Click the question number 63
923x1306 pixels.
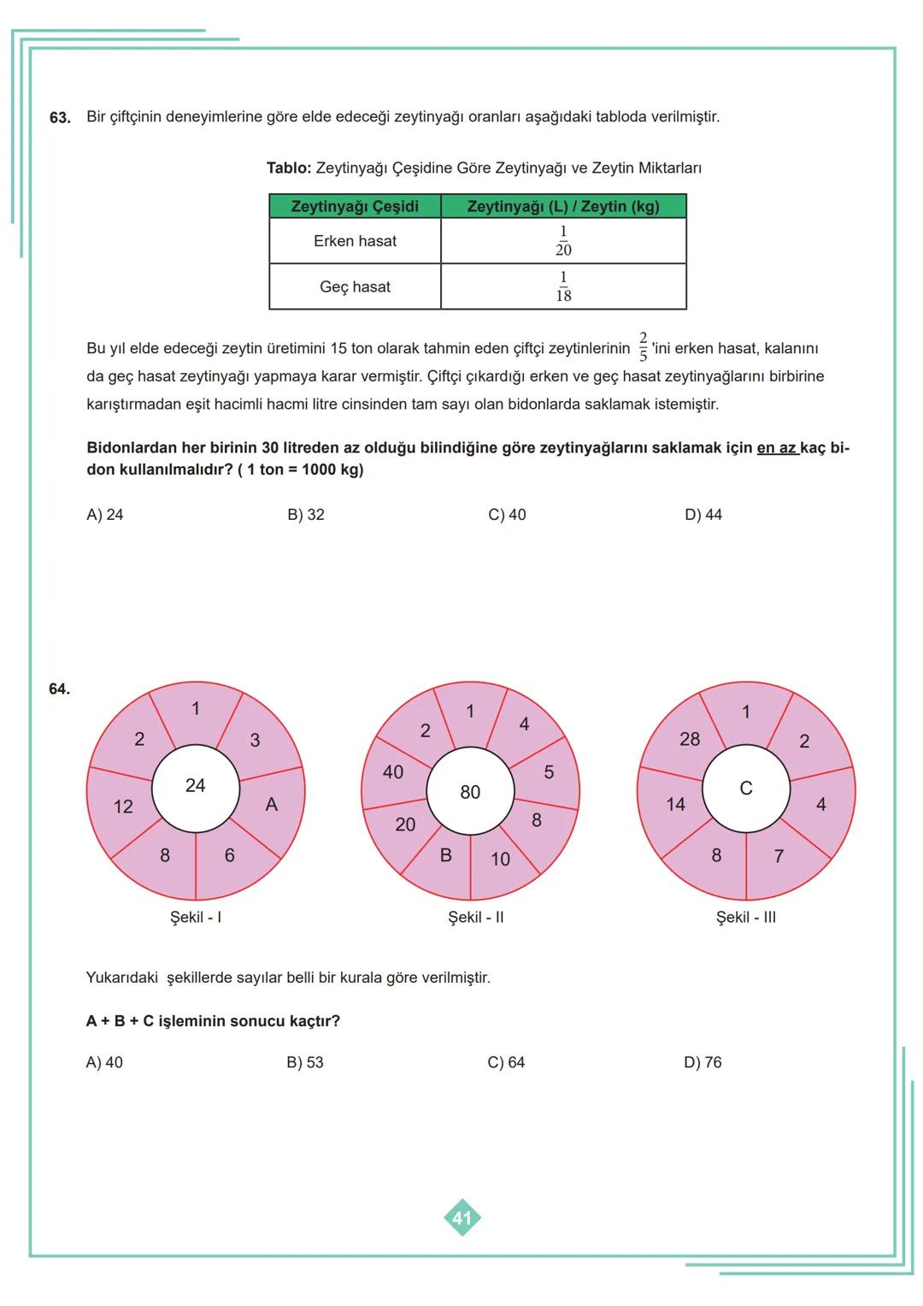click(60, 117)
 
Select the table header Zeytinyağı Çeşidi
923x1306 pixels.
click(355, 207)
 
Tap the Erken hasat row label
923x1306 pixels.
click(355, 241)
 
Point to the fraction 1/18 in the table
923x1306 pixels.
click(563, 287)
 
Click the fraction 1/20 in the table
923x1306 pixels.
click(563, 241)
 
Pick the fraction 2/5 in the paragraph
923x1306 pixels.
click(643, 347)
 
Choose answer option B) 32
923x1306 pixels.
click(306, 515)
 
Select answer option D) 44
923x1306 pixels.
click(703, 515)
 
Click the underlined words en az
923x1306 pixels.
click(776, 448)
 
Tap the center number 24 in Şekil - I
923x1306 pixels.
click(195, 785)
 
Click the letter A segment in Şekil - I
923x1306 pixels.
click(272, 805)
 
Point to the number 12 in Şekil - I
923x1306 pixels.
click(123, 807)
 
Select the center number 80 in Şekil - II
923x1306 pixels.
click(470, 792)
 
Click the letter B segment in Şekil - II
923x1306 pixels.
click(445, 855)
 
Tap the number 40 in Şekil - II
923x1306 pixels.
click(393, 772)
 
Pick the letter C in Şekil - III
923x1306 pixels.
click(745, 789)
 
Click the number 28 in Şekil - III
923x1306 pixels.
click(690, 739)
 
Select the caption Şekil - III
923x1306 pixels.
click(746, 918)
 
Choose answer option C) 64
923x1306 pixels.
click(506, 1062)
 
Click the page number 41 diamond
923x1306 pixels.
click(462, 1218)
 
